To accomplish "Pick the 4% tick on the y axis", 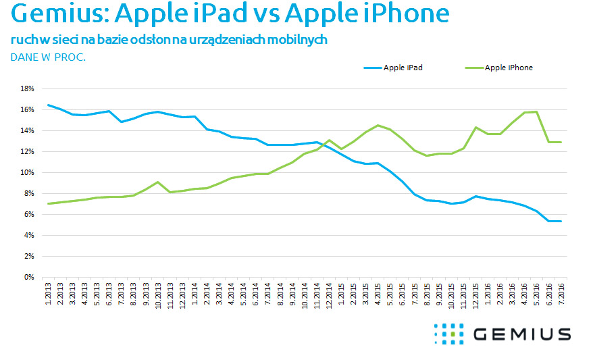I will pyautogui.click(x=28, y=235).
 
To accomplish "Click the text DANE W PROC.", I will pyautogui.click(x=48, y=57).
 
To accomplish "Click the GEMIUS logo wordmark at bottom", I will pyautogui.click(x=521, y=334).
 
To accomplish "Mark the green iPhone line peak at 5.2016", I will pyautogui.click(x=536, y=111).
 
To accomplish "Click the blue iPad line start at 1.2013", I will pyautogui.click(x=48, y=105).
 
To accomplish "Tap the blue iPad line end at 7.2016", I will pyautogui.click(x=561, y=221).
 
